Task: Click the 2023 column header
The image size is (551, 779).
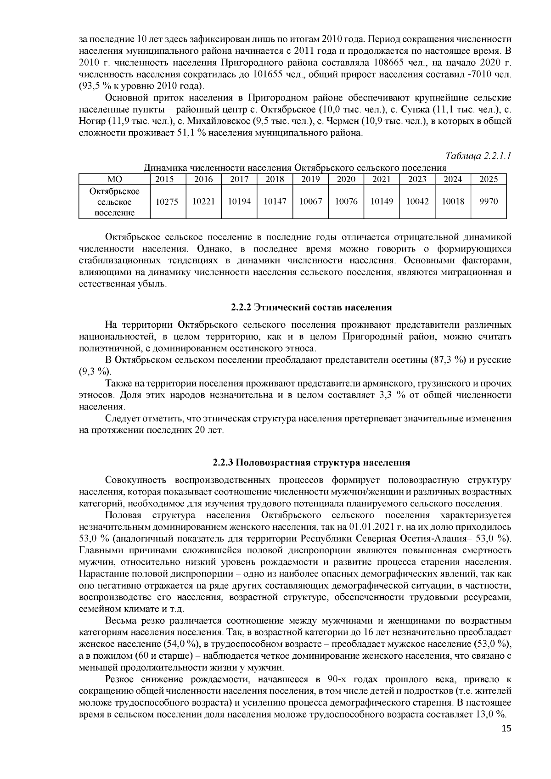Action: coord(417,179)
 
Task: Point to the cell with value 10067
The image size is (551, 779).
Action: coord(310,202)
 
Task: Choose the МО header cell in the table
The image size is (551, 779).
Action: coord(114,179)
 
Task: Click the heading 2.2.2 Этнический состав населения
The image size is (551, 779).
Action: coord(311,307)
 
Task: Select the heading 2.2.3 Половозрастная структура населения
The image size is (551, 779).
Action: coord(311,462)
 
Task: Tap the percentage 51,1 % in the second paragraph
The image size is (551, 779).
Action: coord(189,134)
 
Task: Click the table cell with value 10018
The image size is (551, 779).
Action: coord(453,202)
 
